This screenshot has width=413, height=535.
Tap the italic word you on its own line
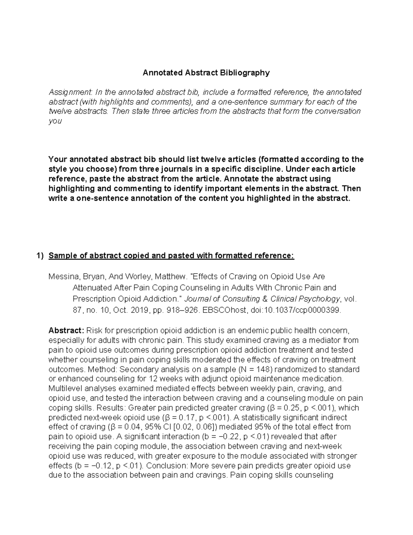(x=55, y=121)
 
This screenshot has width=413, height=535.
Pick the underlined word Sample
(x=62, y=256)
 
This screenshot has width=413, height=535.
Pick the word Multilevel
(x=66, y=389)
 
